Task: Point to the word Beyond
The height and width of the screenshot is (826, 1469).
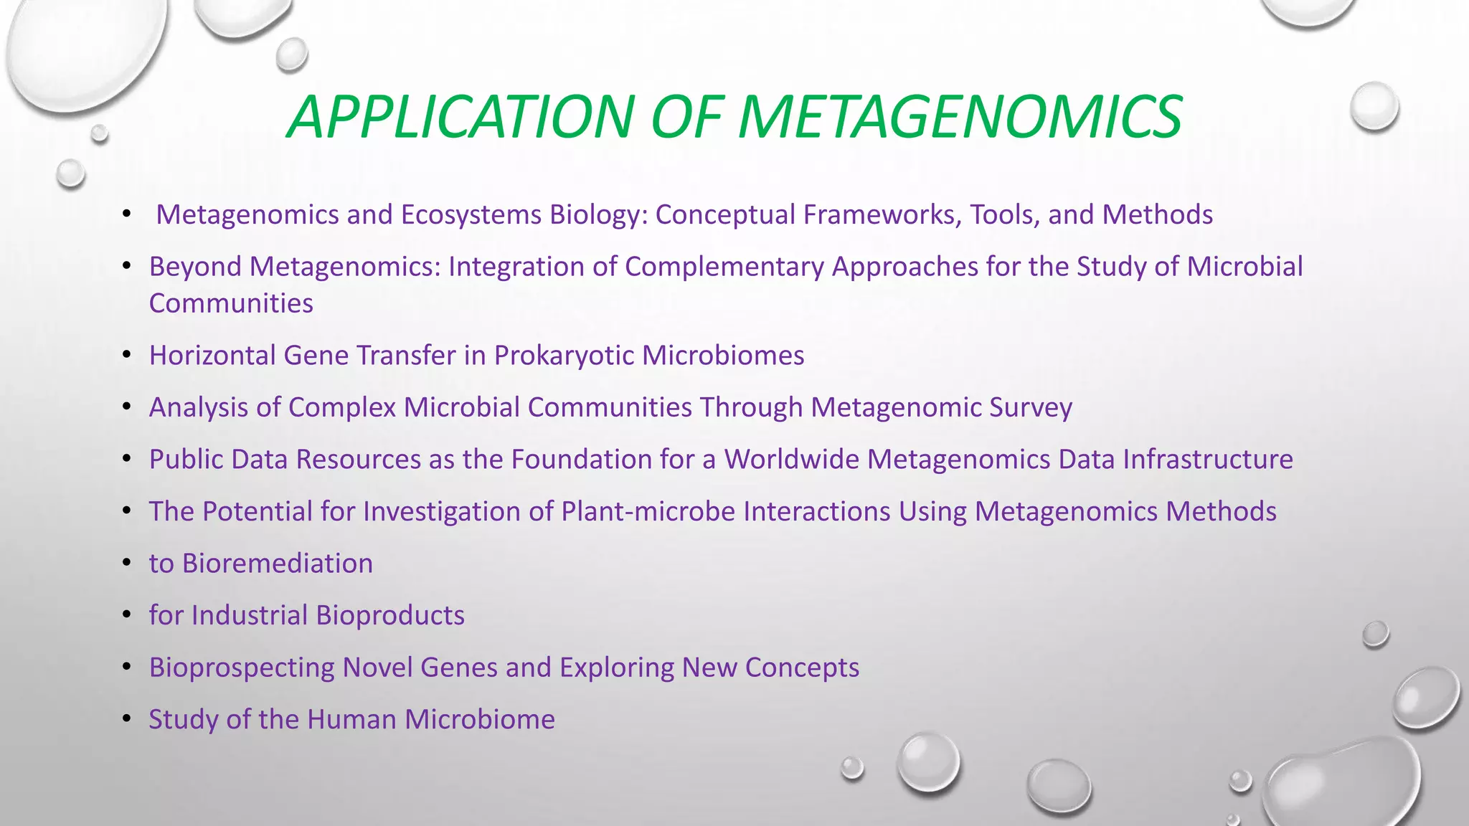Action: click(195, 267)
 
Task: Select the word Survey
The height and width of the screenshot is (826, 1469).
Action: click(1031, 407)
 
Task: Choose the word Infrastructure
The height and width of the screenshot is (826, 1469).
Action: click(1208, 460)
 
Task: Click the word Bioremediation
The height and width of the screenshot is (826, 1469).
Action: click(278, 564)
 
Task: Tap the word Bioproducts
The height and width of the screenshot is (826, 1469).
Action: click(390, 616)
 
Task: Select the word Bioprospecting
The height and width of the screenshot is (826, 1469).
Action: click(242, 668)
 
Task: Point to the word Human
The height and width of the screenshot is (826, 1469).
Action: click(351, 719)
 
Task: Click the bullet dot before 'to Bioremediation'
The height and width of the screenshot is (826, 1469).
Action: click(127, 562)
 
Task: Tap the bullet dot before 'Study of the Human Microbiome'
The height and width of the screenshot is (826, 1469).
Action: click(127, 718)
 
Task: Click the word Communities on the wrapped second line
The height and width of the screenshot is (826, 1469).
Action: click(231, 303)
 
